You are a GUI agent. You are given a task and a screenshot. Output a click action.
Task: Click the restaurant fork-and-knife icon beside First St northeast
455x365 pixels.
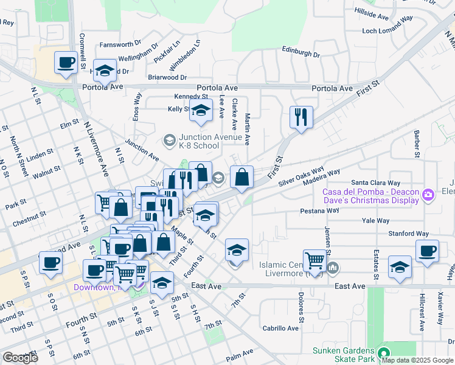(x=301, y=117)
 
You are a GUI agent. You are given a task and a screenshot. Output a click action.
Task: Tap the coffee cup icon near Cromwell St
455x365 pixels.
(x=66, y=63)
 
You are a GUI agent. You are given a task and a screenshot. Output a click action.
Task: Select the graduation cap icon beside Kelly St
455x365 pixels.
(x=201, y=111)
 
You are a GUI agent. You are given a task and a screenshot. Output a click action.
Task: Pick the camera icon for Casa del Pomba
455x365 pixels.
(x=429, y=193)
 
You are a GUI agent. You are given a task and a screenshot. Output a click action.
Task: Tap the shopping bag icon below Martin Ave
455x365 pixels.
(x=242, y=177)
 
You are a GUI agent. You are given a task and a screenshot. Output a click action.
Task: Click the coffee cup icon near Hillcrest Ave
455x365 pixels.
(x=427, y=251)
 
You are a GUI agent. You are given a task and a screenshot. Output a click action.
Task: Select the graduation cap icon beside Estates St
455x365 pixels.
(x=400, y=267)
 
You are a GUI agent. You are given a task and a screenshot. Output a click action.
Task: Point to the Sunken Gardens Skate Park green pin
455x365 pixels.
(x=383, y=352)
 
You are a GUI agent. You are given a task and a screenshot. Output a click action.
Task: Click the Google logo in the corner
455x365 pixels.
(x=20, y=358)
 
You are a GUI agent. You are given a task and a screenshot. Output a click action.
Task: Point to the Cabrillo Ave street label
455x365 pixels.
(x=280, y=328)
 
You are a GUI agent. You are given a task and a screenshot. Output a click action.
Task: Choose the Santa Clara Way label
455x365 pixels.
(x=376, y=182)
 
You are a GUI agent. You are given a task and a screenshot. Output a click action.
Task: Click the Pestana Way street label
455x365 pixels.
(x=319, y=210)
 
